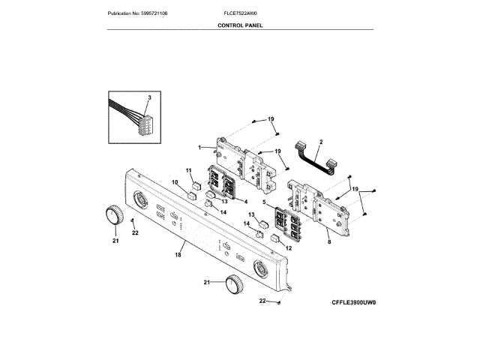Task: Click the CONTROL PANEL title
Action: click(240, 25)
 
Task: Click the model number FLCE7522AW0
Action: click(240, 13)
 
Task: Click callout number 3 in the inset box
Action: click(149, 98)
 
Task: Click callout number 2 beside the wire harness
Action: click(321, 142)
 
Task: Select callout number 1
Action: click(199, 147)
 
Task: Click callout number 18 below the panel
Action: click(178, 256)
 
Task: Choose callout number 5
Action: click(264, 201)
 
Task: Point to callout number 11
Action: click(189, 170)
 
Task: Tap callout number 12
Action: click(288, 247)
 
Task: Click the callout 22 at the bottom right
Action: click(263, 301)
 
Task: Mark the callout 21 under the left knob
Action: click(115, 241)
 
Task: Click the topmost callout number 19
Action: click(271, 119)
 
